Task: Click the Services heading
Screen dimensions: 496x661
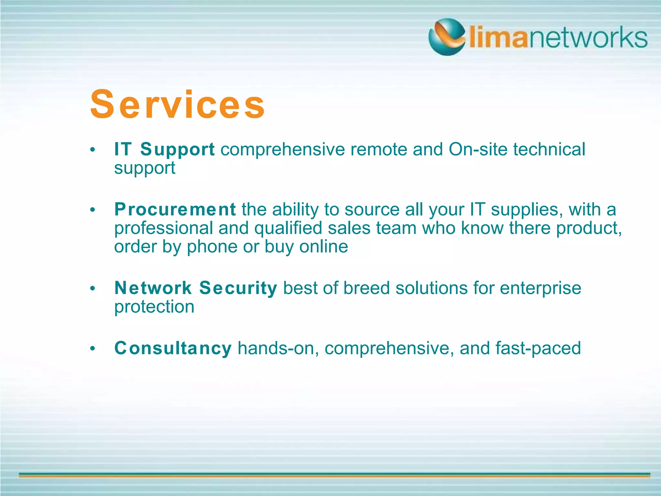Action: (177, 105)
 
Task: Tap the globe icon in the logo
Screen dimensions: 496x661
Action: (447, 37)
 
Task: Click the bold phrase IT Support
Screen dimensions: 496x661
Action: (164, 150)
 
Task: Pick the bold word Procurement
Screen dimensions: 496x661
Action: (175, 209)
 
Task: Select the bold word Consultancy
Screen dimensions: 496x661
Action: (173, 348)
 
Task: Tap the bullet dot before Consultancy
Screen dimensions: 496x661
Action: (93, 348)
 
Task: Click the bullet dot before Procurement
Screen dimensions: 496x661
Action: (93, 210)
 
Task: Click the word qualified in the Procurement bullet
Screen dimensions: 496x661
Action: (288, 228)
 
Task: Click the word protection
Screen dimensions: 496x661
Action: (154, 307)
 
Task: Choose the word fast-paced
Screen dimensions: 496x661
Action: (538, 348)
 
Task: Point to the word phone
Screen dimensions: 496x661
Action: (212, 247)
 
